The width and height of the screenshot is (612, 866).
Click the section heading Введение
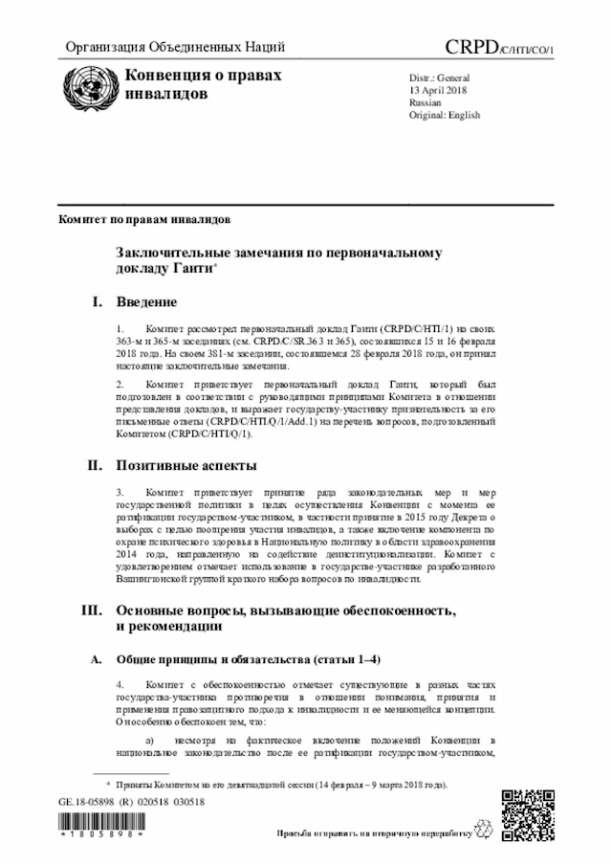pos(146,303)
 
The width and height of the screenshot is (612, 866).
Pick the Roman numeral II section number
pos(95,466)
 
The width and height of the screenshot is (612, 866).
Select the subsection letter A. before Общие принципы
pos(95,659)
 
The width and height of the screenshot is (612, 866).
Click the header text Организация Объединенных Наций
pos(175,48)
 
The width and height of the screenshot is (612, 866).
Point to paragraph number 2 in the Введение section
pos(120,384)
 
